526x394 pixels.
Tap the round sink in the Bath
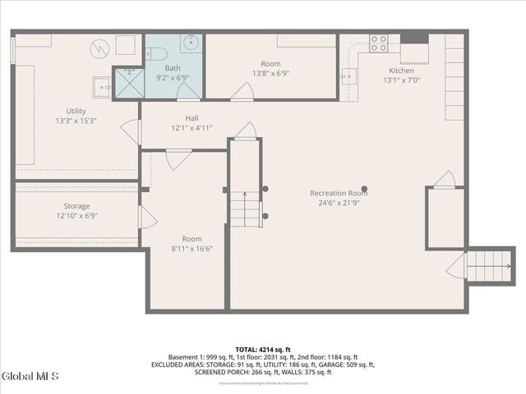tap(188, 44)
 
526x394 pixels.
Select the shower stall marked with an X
tap(127, 82)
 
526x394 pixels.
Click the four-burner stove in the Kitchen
tap(379, 43)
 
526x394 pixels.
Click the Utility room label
tap(76, 111)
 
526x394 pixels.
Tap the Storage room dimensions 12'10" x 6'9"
tap(76, 216)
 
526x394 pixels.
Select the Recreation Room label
tap(338, 194)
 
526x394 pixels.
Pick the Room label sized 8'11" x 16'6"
tap(191, 249)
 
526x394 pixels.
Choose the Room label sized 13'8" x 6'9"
tap(270, 73)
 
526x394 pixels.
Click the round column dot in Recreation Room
tap(364, 188)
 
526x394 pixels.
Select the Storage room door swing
tap(146, 217)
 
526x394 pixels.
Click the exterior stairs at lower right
tap(488, 266)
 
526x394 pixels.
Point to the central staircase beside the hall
tap(245, 208)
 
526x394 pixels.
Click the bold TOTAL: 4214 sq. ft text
tap(262, 349)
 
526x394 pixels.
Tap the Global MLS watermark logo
tap(30, 377)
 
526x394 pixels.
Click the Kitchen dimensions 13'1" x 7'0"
tap(401, 80)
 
